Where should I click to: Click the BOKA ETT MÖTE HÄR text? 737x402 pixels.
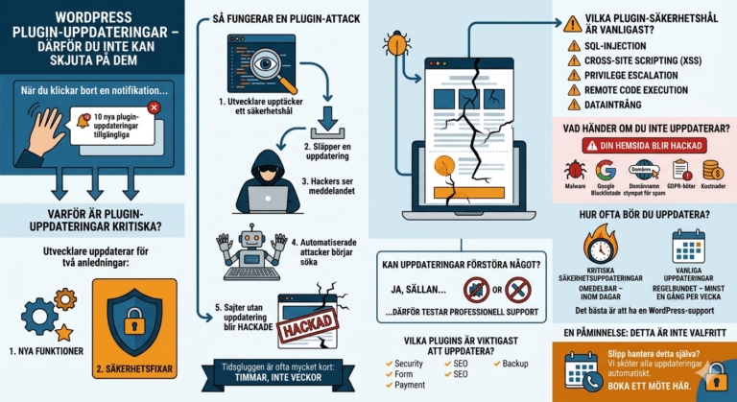click(666, 384)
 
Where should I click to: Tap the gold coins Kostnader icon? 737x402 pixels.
click(712, 170)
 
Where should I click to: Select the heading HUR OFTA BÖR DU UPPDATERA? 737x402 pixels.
click(644, 214)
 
